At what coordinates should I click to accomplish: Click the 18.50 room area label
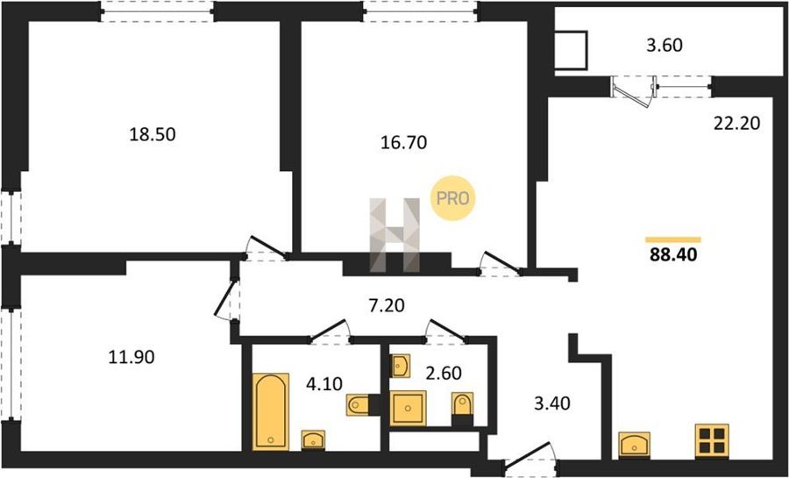tap(153, 134)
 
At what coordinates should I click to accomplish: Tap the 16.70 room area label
tap(403, 143)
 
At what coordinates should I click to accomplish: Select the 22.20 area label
tap(736, 122)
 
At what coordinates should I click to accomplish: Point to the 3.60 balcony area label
tap(665, 46)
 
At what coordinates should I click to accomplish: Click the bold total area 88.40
tap(673, 255)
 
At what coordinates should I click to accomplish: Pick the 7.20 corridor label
tap(387, 305)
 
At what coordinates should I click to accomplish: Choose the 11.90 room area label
tap(131, 357)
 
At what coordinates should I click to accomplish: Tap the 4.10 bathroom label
tap(324, 384)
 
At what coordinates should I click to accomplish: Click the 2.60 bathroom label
tap(444, 373)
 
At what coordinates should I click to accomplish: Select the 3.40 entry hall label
tap(552, 403)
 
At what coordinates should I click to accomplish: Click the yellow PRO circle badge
tap(452, 198)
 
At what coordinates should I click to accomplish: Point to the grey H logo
tap(394, 235)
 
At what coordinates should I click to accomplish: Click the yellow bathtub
tap(271, 411)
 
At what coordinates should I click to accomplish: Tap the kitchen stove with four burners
tap(712, 441)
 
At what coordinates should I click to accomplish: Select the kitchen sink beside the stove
tap(634, 445)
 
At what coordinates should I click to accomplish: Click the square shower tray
tap(408, 408)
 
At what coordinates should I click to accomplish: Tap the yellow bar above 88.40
tap(673, 240)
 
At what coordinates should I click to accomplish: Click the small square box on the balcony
tap(571, 50)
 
